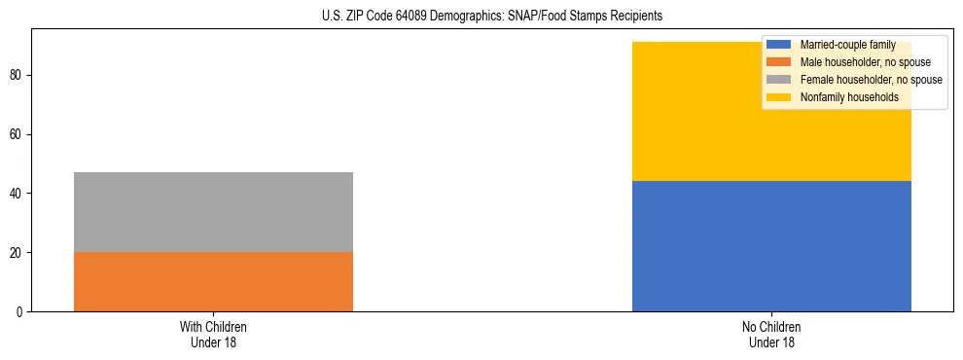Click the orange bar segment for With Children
point(213,282)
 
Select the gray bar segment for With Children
point(213,212)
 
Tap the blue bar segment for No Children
point(771,246)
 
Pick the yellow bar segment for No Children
point(771,112)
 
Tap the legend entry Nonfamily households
point(842,97)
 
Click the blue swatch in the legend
point(779,45)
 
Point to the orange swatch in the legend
point(779,62)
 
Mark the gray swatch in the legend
point(779,80)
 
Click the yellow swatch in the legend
point(779,97)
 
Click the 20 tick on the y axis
point(17,253)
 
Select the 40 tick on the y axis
point(17,194)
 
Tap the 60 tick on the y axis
point(17,134)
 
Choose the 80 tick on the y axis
point(17,75)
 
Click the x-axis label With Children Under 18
point(213,334)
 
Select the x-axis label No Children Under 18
point(771,334)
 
